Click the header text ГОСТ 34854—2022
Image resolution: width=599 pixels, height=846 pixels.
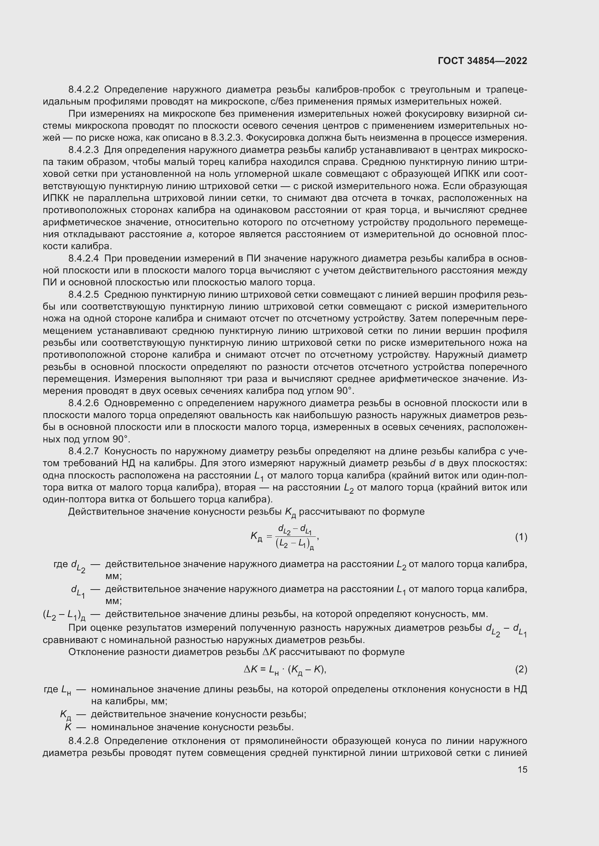482,61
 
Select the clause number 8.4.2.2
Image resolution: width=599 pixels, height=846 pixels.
83,90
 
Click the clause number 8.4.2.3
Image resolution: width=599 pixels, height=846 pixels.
83,150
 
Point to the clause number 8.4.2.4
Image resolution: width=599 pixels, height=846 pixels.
83,259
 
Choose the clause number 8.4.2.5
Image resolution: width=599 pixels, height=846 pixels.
83,295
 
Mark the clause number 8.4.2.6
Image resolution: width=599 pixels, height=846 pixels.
83,403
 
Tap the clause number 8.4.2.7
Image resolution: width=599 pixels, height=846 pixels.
83,451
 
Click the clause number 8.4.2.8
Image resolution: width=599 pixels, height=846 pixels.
83,741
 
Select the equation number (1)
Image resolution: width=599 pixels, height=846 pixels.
521,537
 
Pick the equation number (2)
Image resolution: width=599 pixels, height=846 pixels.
521,669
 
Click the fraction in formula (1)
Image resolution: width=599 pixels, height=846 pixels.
295,537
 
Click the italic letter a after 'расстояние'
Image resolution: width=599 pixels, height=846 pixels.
189,235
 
